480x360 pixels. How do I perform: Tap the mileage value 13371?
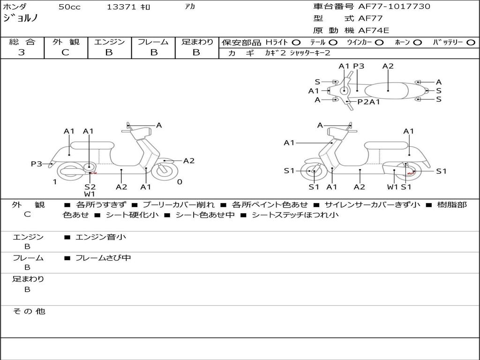click(x=121, y=7)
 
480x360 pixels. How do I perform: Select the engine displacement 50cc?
click(x=69, y=7)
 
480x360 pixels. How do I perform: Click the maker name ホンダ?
click(x=15, y=7)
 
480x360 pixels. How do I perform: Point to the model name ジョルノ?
click(x=21, y=19)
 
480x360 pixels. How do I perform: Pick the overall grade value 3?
click(x=22, y=52)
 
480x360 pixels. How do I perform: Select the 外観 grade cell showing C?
click(x=65, y=52)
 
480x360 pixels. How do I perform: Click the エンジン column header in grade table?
click(x=109, y=42)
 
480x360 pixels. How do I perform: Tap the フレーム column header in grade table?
click(x=153, y=42)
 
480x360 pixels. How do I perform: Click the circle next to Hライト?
click(x=296, y=43)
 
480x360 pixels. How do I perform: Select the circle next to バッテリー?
click(x=471, y=43)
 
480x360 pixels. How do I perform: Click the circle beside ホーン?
click(x=417, y=43)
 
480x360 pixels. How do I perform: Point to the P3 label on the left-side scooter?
click(x=37, y=164)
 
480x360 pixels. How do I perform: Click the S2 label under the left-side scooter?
click(x=90, y=187)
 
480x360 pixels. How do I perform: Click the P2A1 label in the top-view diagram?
click(x=368, y=102)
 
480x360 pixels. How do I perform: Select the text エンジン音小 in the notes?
click(x=101, y=237)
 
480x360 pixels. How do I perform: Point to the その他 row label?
click(x=29, y=311)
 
